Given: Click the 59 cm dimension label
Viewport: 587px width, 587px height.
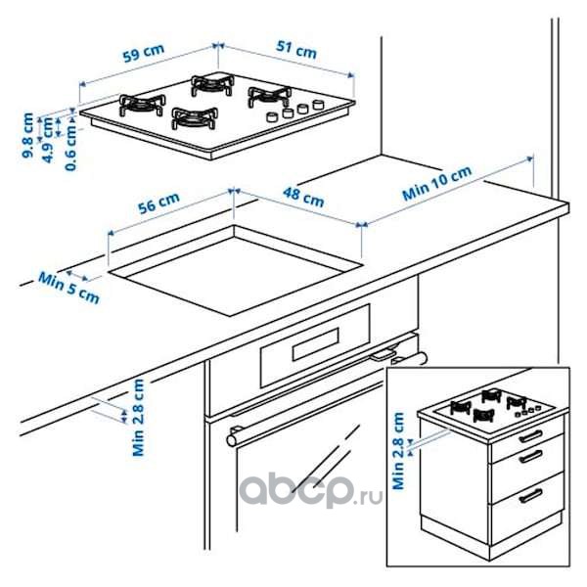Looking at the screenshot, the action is click(x=144, y=53).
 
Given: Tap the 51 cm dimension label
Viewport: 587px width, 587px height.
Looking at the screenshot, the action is click(x=296, y=50).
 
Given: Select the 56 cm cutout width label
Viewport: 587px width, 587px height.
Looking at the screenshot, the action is click(x=158, y=203).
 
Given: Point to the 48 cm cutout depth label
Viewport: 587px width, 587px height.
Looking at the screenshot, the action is click(x=303, y=197).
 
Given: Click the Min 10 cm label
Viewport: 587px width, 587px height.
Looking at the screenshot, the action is click(x=437, y=183).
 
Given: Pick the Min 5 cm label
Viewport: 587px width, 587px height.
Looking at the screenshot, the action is click(x=68, y=288).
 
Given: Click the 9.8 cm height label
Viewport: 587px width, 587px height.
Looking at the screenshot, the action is click(x=27, y=135).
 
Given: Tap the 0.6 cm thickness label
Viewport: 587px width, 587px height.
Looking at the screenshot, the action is click(x=70, y=147).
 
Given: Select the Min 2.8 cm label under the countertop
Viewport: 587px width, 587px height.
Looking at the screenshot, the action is click(x=139, y=418).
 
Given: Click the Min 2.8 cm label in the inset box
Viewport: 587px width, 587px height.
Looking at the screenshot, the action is click(x=398, y=451).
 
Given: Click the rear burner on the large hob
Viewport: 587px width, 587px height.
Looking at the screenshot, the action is click(x=212, y=85).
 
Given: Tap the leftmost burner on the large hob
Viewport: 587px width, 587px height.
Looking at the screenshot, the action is click(x=142, y=105).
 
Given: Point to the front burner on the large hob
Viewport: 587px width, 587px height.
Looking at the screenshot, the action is click(x=195, y=118).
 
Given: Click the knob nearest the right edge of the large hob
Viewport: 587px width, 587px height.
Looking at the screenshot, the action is click(x=318, y=104).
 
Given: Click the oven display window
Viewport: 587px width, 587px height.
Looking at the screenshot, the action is click(x=316, y=344).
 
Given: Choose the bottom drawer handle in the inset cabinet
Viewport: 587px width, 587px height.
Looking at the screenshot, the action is click(x=530, y=495).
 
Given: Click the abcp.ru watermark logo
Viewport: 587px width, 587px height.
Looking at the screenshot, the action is click(x=311, y=490).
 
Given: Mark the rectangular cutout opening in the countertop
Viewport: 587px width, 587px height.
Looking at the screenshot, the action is click(x=235, y=270).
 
